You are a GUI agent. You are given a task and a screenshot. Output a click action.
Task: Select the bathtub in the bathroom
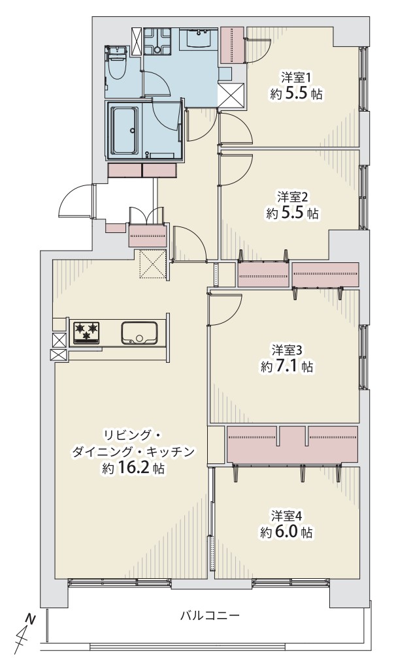(x=124, y=131)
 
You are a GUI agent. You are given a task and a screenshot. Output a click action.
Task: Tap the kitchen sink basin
(x=139, y=333)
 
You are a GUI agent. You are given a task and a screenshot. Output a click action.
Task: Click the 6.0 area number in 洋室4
(x=288, y=532)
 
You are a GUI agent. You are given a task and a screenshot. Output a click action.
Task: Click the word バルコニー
(x=210, y=615)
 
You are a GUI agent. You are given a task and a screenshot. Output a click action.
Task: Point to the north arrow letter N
(x=30, y=619)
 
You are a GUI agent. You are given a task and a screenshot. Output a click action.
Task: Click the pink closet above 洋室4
(x=292, y=444)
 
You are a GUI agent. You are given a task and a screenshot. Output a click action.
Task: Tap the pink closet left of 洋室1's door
(x=233, y=46)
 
